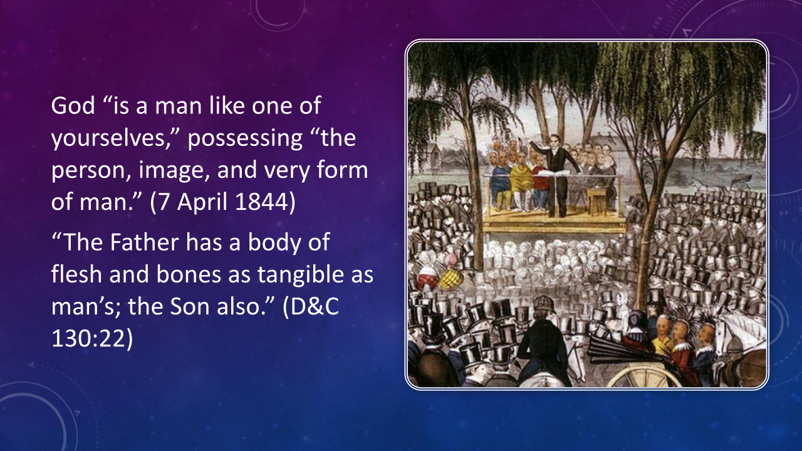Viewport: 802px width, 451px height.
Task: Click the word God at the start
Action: (x=73, y=105)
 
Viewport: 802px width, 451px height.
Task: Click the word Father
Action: (x=144, y=242)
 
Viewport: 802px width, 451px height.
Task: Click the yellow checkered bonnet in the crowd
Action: (x=450, y=279)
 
